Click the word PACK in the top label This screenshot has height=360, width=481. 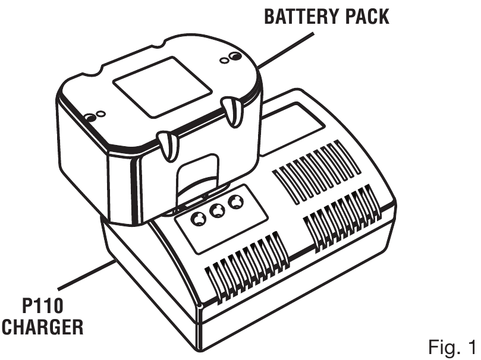click(367, 17)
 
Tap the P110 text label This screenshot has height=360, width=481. click(43, 306)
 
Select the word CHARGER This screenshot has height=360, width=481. click(42, 327)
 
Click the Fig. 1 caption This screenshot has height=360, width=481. click(452, 347)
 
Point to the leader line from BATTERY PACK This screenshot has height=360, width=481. click(287, 50)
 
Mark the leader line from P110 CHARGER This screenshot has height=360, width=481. click(87, 274)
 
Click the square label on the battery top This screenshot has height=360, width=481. click(162, 87)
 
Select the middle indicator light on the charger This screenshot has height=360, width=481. click(217, 210)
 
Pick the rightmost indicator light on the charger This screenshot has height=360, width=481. click(236, 202)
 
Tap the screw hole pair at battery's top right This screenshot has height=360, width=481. click(231, 58)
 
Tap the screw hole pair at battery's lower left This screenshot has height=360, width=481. click(95, 115)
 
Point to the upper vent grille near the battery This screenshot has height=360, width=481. click(317, 172)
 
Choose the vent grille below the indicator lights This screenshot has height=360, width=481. click(247, 268)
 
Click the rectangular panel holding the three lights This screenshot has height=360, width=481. click(221, 219)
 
